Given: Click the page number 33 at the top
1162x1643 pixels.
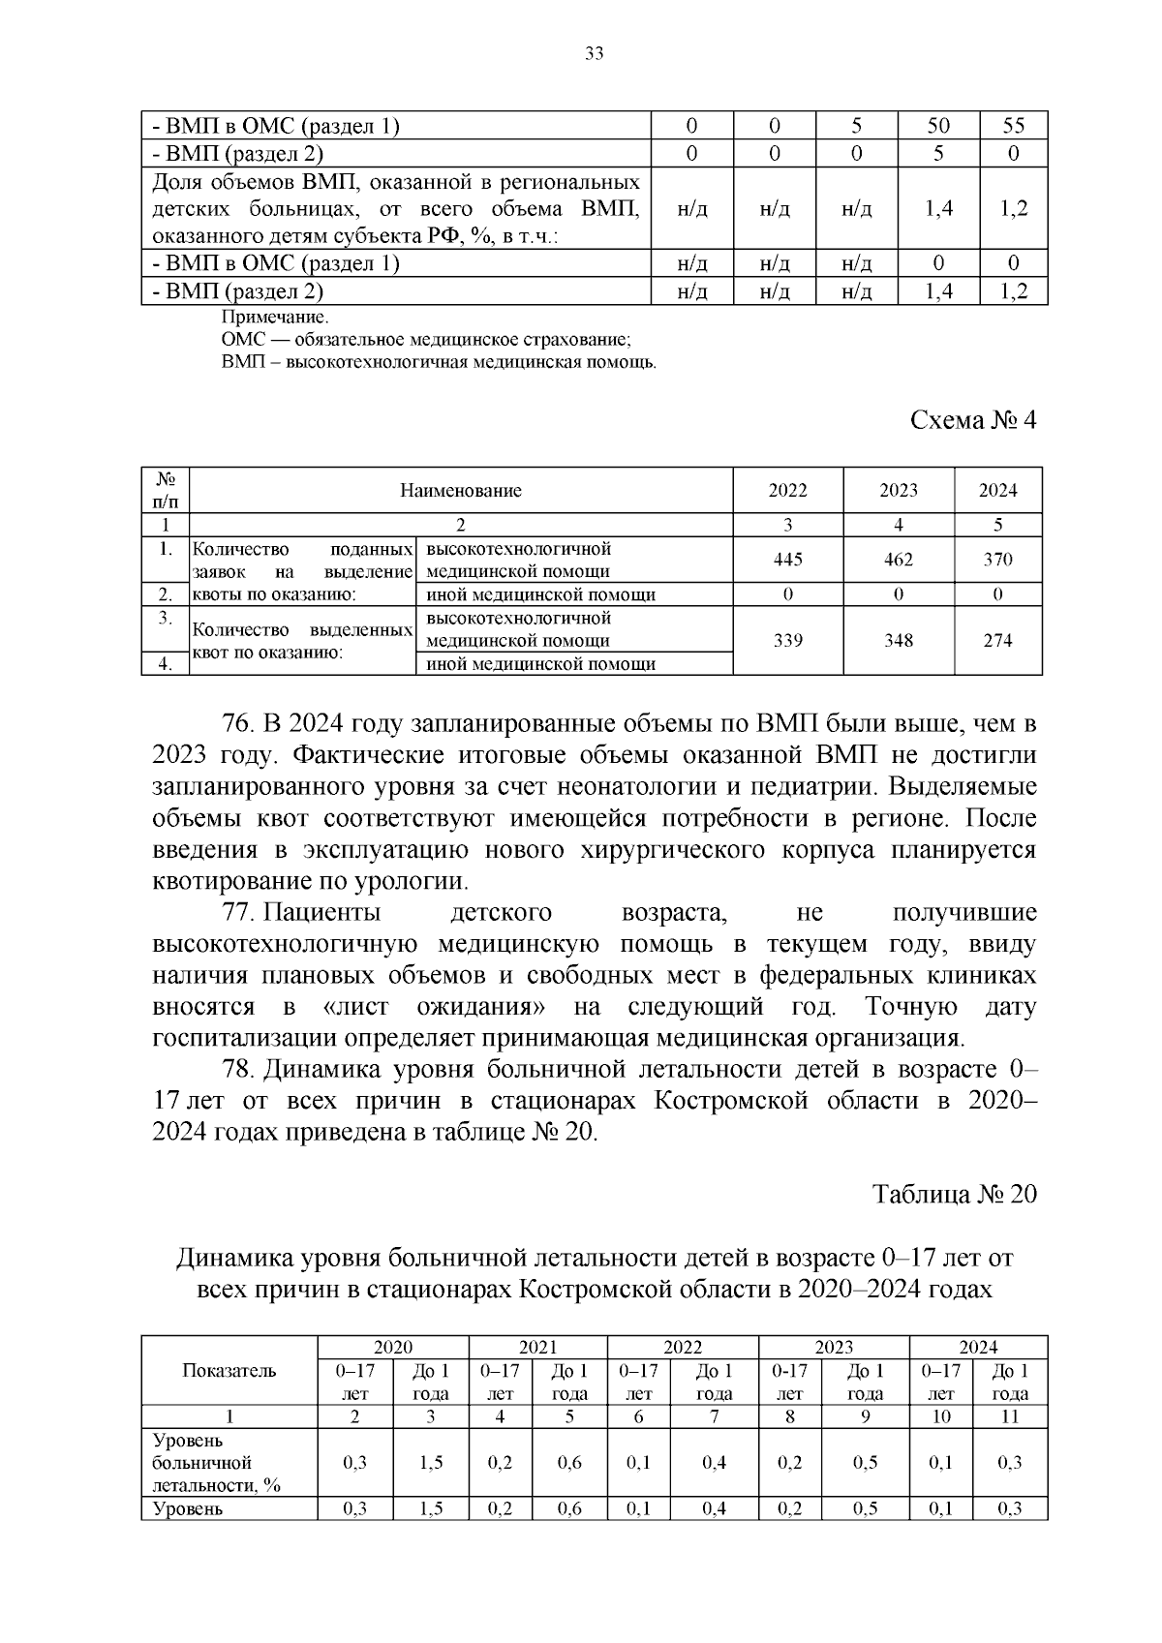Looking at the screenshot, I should pyautogui.click(x=595, y=54).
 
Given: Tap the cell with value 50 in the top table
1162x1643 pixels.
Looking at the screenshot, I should pyautogui.click(x=937, y=126).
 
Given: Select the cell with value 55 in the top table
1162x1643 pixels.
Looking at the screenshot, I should pyautogui.click(x=1013, y=126).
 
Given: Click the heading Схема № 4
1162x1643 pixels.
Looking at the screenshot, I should pyautogui.click(x=972, y=421).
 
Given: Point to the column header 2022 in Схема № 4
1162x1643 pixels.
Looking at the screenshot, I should pyautogui.click(x=787, y=490).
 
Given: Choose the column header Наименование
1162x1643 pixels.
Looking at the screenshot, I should pyautogui.click(x=461, y=490).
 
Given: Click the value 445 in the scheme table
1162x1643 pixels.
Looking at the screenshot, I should pyautogui.click(x=787, y=560).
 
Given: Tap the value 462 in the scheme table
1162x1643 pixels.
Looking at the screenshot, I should pyautogui.click(x=898, y=560).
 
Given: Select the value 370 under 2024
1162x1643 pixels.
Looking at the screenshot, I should pyautogui.click(x=997, y=560).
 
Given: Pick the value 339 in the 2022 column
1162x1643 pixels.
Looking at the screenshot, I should pyautogui.click(x=787, y=641).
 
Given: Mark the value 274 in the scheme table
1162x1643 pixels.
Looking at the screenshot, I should pyautogui.click(x=997, y=641).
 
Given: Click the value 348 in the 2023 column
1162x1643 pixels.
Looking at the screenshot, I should pyautogui.click(x=898, y=641).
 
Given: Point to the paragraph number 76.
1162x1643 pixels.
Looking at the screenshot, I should pyautogui.click(x=237, y=725).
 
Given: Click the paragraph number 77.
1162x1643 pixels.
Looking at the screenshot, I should pyautogui.click(x=237, y=913).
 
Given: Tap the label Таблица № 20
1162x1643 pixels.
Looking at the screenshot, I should pyautogui.click(x=954, y=1195).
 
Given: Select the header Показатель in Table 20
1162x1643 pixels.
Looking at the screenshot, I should pyautogui.click(x=229, y=1371).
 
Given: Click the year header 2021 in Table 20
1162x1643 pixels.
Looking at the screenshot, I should pyautogui.click(x=537, y=1347).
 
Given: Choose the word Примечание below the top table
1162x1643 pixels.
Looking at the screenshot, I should pyautogui.click(x=275, y=318).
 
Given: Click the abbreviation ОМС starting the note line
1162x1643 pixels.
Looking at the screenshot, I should pyautogui.click(x=239, y=340).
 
